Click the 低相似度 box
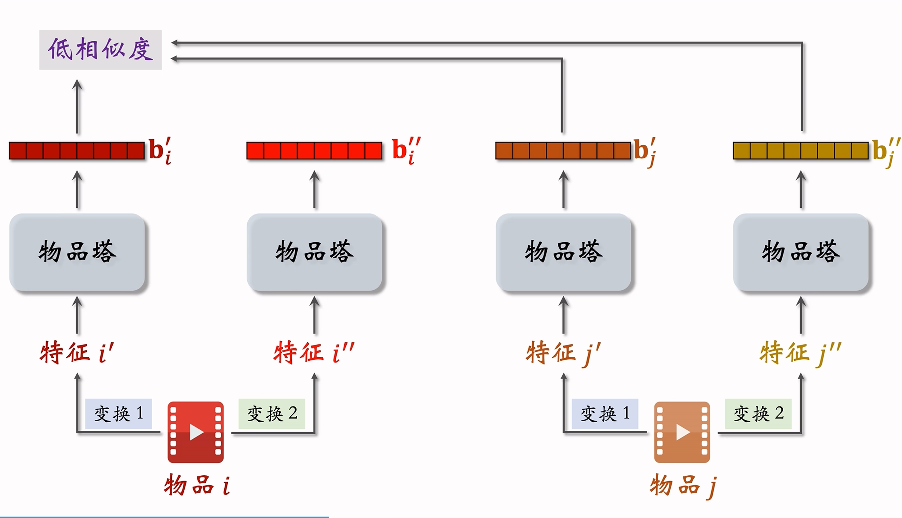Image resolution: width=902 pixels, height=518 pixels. (100, 50)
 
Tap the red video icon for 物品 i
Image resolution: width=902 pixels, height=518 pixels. (196, 432)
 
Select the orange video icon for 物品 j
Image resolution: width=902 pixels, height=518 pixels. (682, 432)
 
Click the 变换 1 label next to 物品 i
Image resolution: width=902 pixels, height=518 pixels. (118, 414)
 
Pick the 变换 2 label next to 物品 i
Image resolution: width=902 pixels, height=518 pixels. (272, 414)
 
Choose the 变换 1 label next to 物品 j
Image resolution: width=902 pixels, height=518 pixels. (605, 414)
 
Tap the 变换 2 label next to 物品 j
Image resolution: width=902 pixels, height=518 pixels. (758, 414)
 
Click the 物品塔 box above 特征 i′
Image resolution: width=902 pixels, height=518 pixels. (77, 252)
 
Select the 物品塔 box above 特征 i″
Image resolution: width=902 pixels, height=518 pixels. (314, 252)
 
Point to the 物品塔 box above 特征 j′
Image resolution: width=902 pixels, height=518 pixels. (563, 252)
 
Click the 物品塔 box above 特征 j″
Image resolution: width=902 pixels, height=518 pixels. (801, 252)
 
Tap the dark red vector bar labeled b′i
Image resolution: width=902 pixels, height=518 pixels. (77, 150)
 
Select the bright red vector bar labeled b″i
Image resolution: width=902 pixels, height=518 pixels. (314, 150)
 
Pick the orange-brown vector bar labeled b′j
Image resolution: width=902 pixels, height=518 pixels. (563, 150)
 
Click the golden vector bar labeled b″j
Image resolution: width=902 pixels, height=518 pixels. (801, 150)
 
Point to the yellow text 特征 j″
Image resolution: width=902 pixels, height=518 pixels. (800, 352)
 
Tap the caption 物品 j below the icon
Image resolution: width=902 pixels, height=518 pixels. (683, 485)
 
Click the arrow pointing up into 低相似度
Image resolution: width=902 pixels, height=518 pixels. (77, 107)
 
